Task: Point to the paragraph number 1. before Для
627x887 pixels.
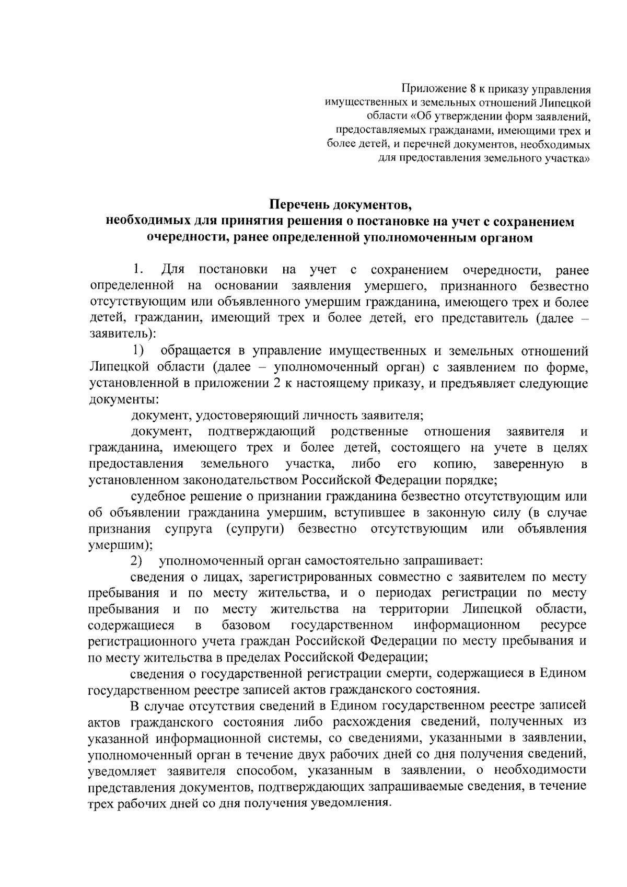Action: pyautogui.click(x=138, y=270)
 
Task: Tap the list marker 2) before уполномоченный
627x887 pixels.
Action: pyautogui.click(x=137, y=561)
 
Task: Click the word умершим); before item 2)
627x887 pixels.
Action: pyautogui.click(x=120, y=545)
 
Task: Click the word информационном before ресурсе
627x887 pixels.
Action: pyautogui.click(x=467, y=625)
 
